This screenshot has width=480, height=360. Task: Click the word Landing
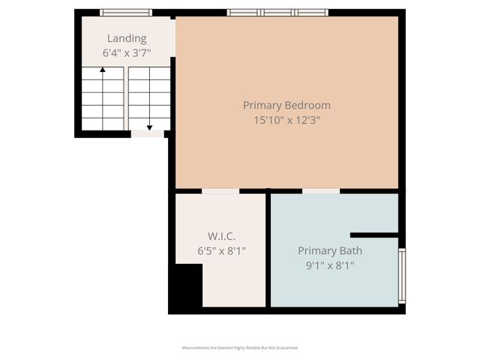[126, 39]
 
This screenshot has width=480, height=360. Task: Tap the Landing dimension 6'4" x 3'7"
[126, 53]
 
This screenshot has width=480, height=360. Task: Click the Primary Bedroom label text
[286, 105]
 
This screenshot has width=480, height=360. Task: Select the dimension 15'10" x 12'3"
[286, 119]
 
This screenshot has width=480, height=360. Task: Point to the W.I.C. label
[220, 236]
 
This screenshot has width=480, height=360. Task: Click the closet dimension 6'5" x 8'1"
[220, 250]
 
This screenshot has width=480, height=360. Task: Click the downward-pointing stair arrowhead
[149, 127]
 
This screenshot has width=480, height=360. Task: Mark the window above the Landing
[126, 13]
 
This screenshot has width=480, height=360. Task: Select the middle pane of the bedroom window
[277, 13]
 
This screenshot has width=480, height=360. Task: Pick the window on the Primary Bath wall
[401, 276]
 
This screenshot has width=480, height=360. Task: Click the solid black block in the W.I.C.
[185, 288]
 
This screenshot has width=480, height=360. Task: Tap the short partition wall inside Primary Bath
[373, 235]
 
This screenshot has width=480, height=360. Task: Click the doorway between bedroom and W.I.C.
[220, 191]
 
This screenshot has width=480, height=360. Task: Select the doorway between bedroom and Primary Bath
[321, 191]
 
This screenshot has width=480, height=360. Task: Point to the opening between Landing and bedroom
[172, 37]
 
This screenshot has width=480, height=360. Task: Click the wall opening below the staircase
[147, 134]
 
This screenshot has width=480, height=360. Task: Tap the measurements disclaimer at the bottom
[240, 348]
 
